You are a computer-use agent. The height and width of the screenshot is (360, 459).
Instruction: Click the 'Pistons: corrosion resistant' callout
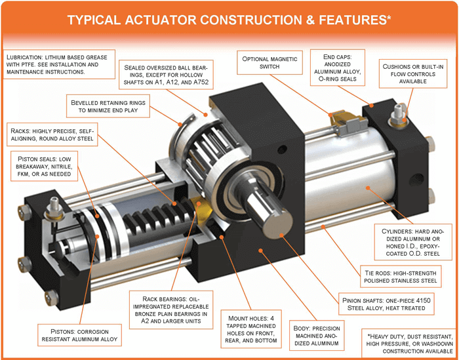pyautogui.click(x=79, y=334)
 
